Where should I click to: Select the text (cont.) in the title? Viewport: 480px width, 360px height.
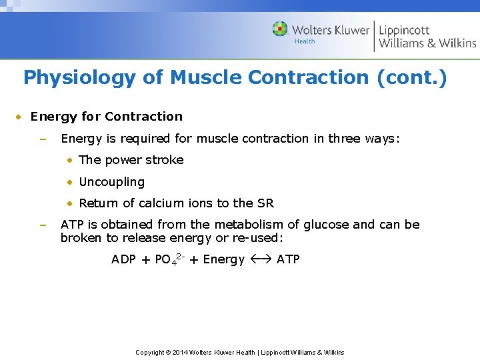(411, 78)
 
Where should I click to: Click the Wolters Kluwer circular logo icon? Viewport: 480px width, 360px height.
(280, 29)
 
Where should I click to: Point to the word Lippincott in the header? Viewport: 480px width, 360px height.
(404, 30)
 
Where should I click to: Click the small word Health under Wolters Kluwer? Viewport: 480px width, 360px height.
(305, 41)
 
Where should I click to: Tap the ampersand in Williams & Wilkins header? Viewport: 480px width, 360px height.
(431, 43)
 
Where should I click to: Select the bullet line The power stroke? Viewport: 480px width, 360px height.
(131, 160)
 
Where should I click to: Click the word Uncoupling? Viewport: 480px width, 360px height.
(111, 182)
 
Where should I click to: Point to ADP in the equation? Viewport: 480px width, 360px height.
(123, 259)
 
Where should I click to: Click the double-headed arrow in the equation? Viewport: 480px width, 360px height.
(261, 259)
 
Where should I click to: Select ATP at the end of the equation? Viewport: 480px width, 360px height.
(288, 259)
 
